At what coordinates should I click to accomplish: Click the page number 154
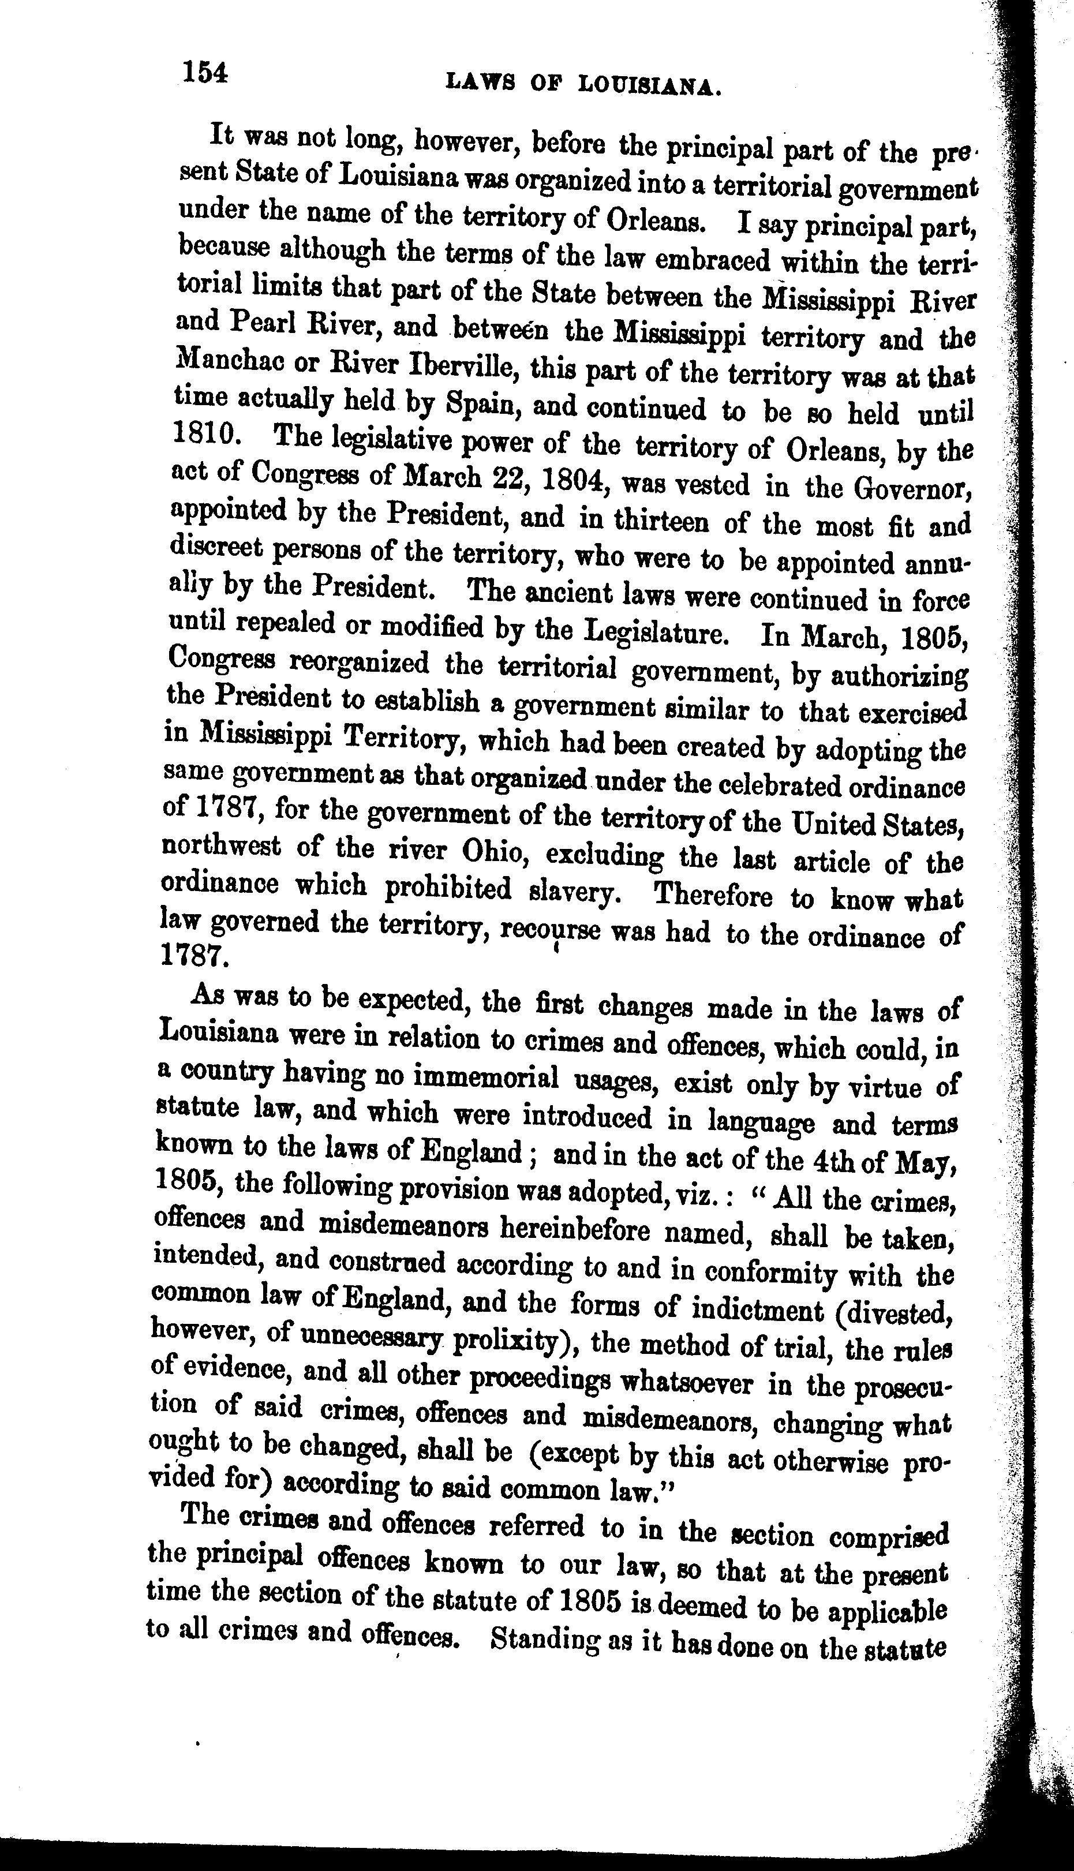click(206, 74)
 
